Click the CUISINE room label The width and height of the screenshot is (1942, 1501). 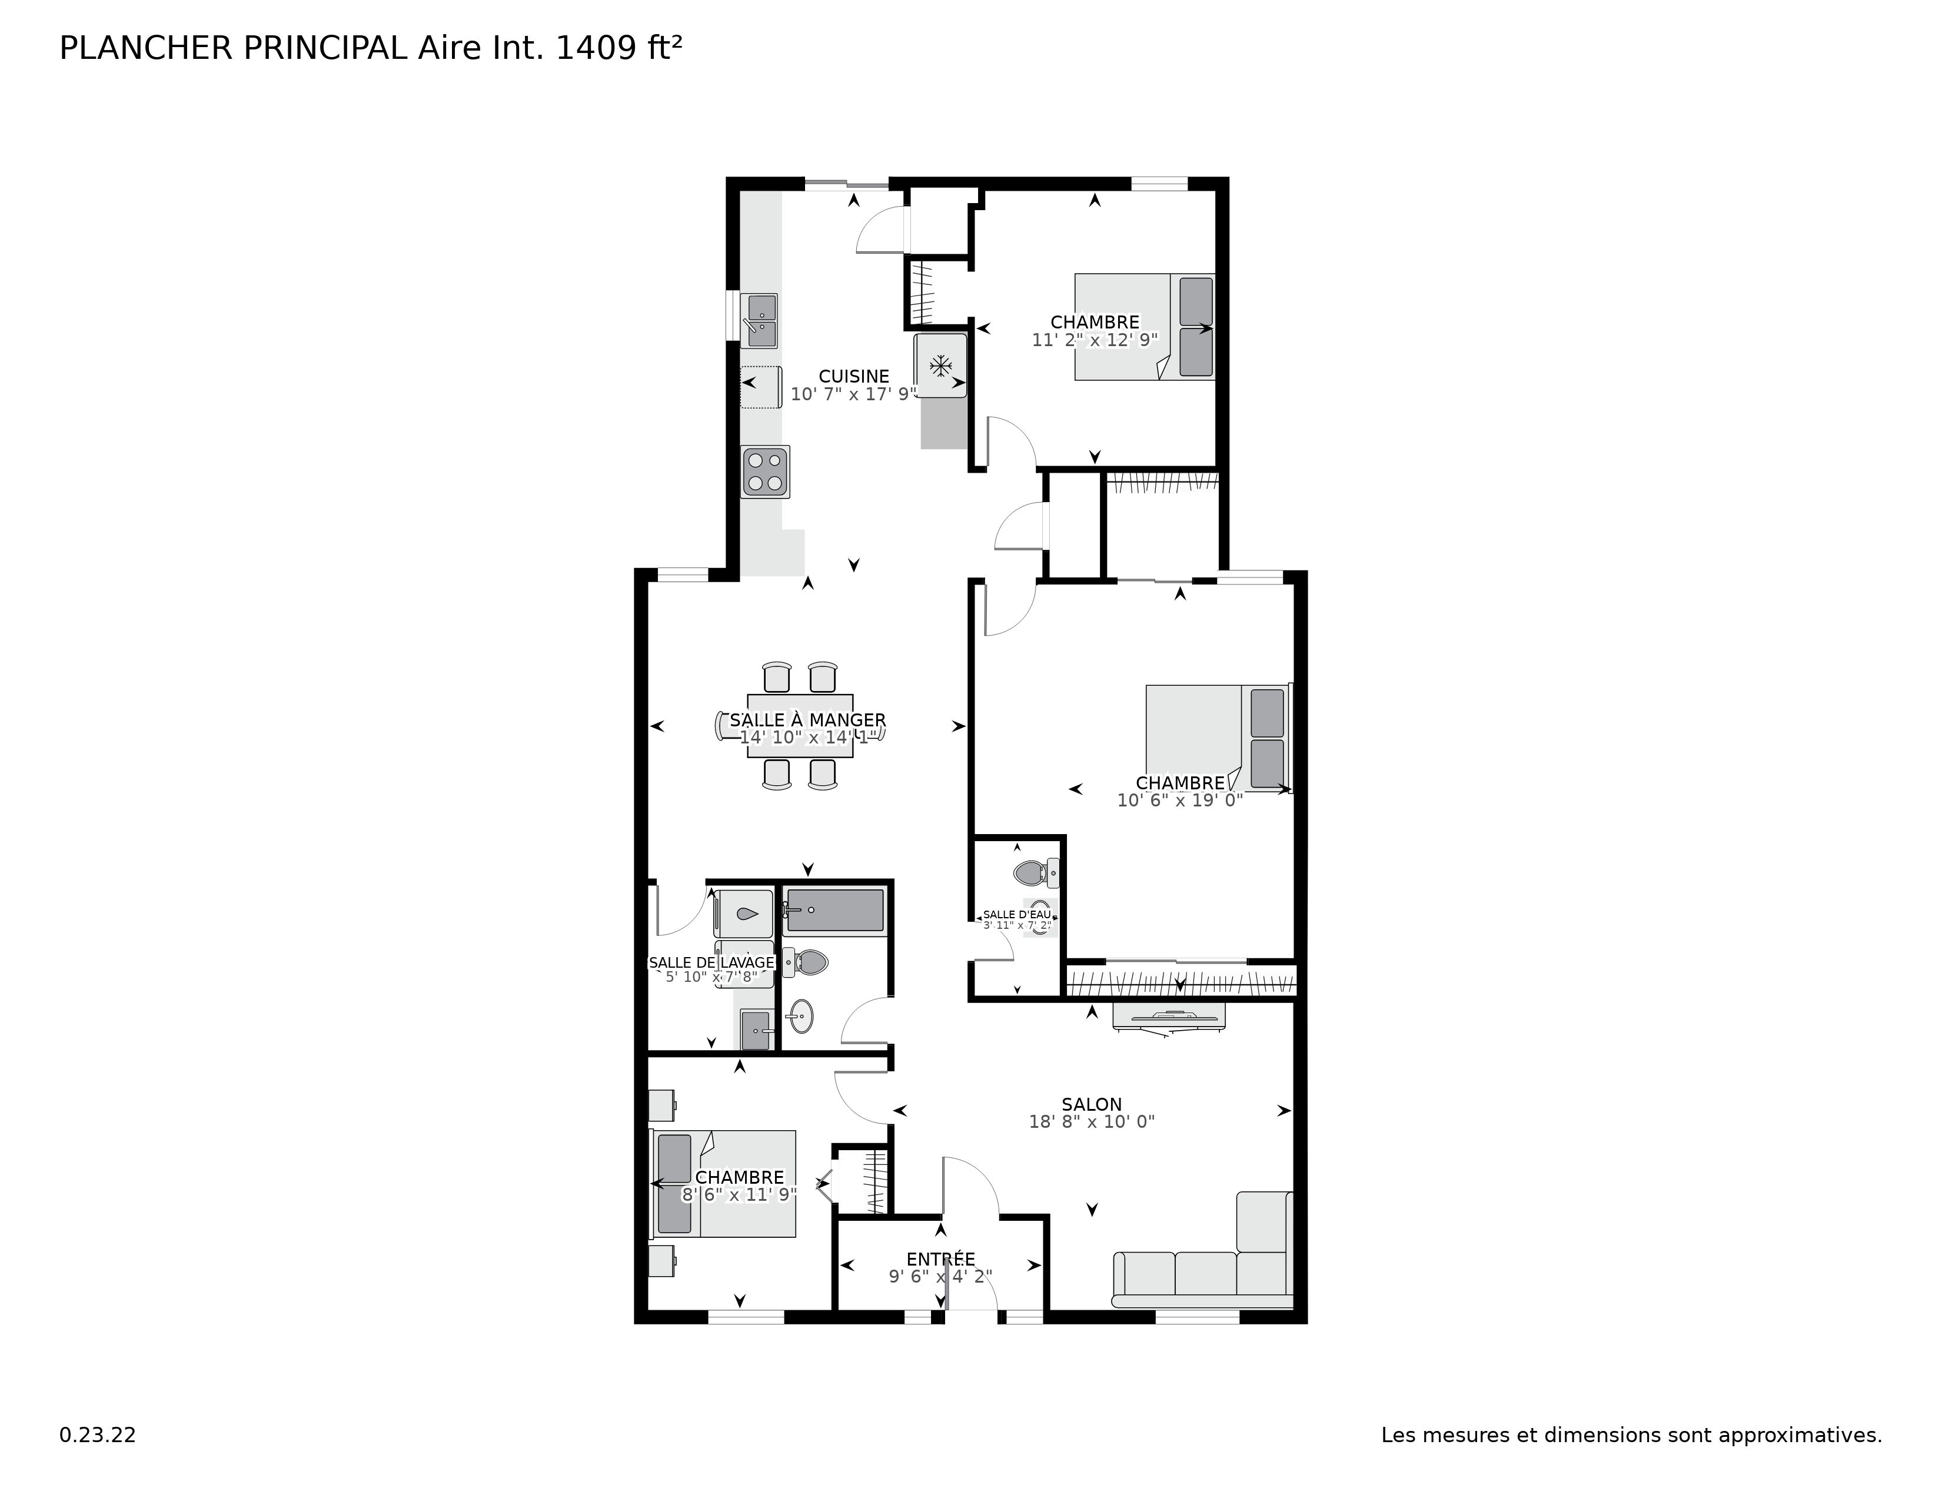[854, 376]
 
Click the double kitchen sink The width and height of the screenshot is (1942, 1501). [761, 320]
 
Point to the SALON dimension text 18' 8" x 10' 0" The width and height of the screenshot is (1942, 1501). [1091, 1122]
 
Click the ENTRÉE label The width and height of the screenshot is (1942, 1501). [941, 1259]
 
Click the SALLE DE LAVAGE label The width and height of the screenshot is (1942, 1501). [711, 963]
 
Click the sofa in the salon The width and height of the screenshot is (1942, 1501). [1201, 1276]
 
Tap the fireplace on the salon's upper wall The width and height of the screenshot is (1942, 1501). [1168, 1018]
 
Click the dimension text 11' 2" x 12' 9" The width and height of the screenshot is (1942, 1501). [1095, 340]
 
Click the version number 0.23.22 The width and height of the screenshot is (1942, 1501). [97, 1435]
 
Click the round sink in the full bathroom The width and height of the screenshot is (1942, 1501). [801, 1015]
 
